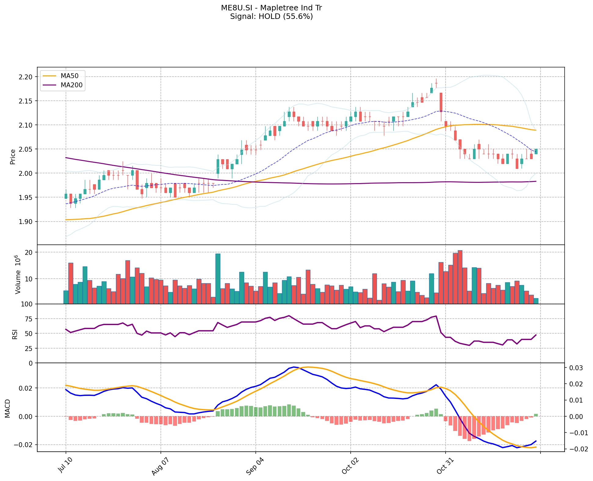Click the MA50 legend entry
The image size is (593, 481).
(x=69, y=76)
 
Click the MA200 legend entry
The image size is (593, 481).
(x=71, y=85)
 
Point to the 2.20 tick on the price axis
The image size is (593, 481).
(x=26, y=77)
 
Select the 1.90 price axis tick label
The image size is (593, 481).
(x=26, y=222)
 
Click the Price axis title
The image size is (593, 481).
(x=13, y=157)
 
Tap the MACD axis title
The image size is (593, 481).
(x=8, y=408)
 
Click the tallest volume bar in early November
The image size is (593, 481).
(x=460, y=277)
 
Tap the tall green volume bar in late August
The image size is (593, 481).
(x=218, y=278)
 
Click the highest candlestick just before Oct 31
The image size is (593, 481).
(x=436, y=83)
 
